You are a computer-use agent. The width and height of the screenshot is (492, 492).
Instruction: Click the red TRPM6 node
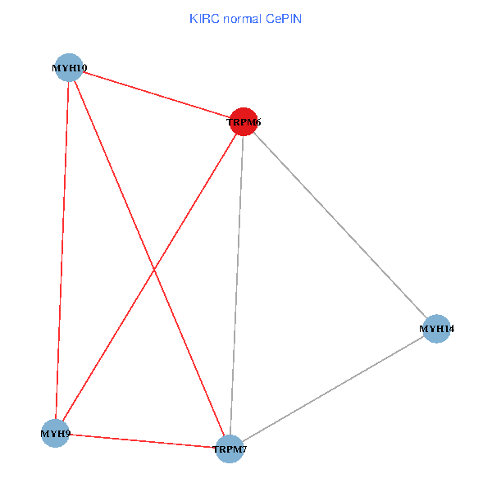[244, 122]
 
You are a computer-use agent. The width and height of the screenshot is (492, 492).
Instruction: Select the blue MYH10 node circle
[70, 67]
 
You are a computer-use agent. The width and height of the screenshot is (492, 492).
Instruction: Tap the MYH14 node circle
[437, 329]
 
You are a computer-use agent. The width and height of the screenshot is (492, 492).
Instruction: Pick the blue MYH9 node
[55, 432]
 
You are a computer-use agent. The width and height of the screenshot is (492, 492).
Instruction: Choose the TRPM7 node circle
[230, 449]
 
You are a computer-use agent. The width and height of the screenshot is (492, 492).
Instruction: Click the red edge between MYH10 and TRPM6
[156, 94]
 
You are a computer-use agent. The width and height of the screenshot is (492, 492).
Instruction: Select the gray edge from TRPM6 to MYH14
[340, 225]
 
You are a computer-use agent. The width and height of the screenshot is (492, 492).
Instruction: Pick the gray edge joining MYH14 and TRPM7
[333, 389]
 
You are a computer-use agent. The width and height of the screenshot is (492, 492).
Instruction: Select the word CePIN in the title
[284, 18]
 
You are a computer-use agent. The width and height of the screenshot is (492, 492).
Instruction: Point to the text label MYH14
[437, 329]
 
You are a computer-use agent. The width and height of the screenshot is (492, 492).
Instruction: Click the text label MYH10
[70, 68]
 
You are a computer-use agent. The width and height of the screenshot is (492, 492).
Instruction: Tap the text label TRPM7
[230, 449]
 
